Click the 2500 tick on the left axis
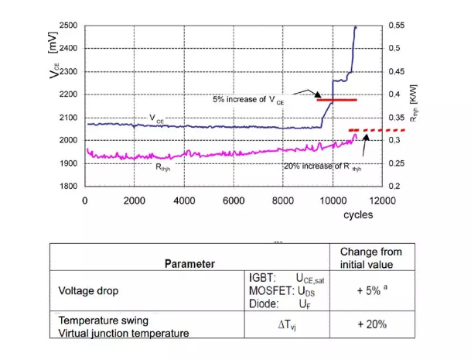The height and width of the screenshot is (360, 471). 68,26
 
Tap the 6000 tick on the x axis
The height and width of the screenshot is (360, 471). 234,200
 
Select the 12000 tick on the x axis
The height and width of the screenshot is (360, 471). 382,200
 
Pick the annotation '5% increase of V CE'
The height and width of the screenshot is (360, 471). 247,100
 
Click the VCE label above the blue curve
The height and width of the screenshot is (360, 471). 157,118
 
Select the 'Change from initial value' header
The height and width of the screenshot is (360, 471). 370,258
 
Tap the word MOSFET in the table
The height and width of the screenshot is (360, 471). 267,293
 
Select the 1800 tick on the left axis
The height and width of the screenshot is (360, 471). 68,187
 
